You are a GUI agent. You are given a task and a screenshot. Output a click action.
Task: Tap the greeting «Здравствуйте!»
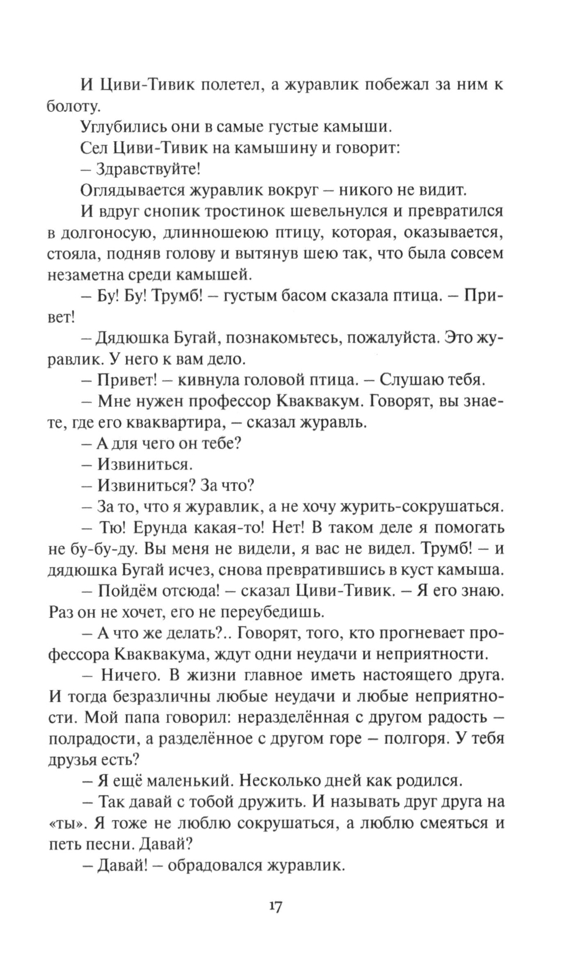(149, 169)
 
